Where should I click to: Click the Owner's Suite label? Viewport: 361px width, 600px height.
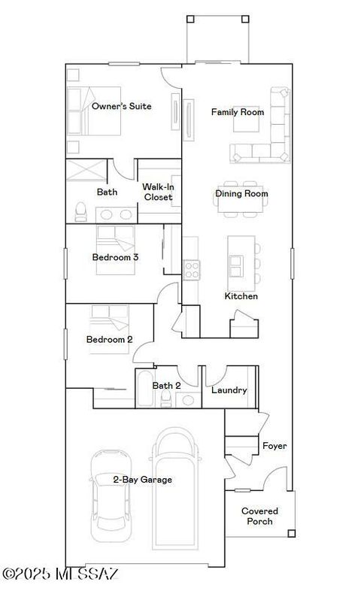coord(121,107)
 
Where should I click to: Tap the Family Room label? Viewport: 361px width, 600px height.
coord(237,112)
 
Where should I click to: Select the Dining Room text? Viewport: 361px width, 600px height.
coord(241,194)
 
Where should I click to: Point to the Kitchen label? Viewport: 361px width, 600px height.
coord(241,296)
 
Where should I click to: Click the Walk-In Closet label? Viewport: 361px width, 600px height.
coord(158,192)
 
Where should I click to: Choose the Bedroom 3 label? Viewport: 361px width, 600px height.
coord(115,257)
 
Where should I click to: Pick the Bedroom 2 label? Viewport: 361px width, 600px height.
coord(109,340)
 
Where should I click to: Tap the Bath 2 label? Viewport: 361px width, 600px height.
coord(167,386)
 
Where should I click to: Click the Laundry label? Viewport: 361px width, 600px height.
coord(229,390)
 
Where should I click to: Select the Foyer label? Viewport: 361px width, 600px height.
coord(274,446)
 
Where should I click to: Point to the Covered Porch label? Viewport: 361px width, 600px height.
coord(257,517)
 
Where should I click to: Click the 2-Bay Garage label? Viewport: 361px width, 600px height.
coord(142,480)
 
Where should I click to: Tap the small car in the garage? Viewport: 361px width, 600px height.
coord(109,496)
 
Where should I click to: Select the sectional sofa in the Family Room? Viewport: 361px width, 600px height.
coord(267,135)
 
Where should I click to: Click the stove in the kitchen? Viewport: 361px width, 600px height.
coord(190,269)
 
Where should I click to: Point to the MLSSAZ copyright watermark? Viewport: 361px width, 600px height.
coord(60,574)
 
